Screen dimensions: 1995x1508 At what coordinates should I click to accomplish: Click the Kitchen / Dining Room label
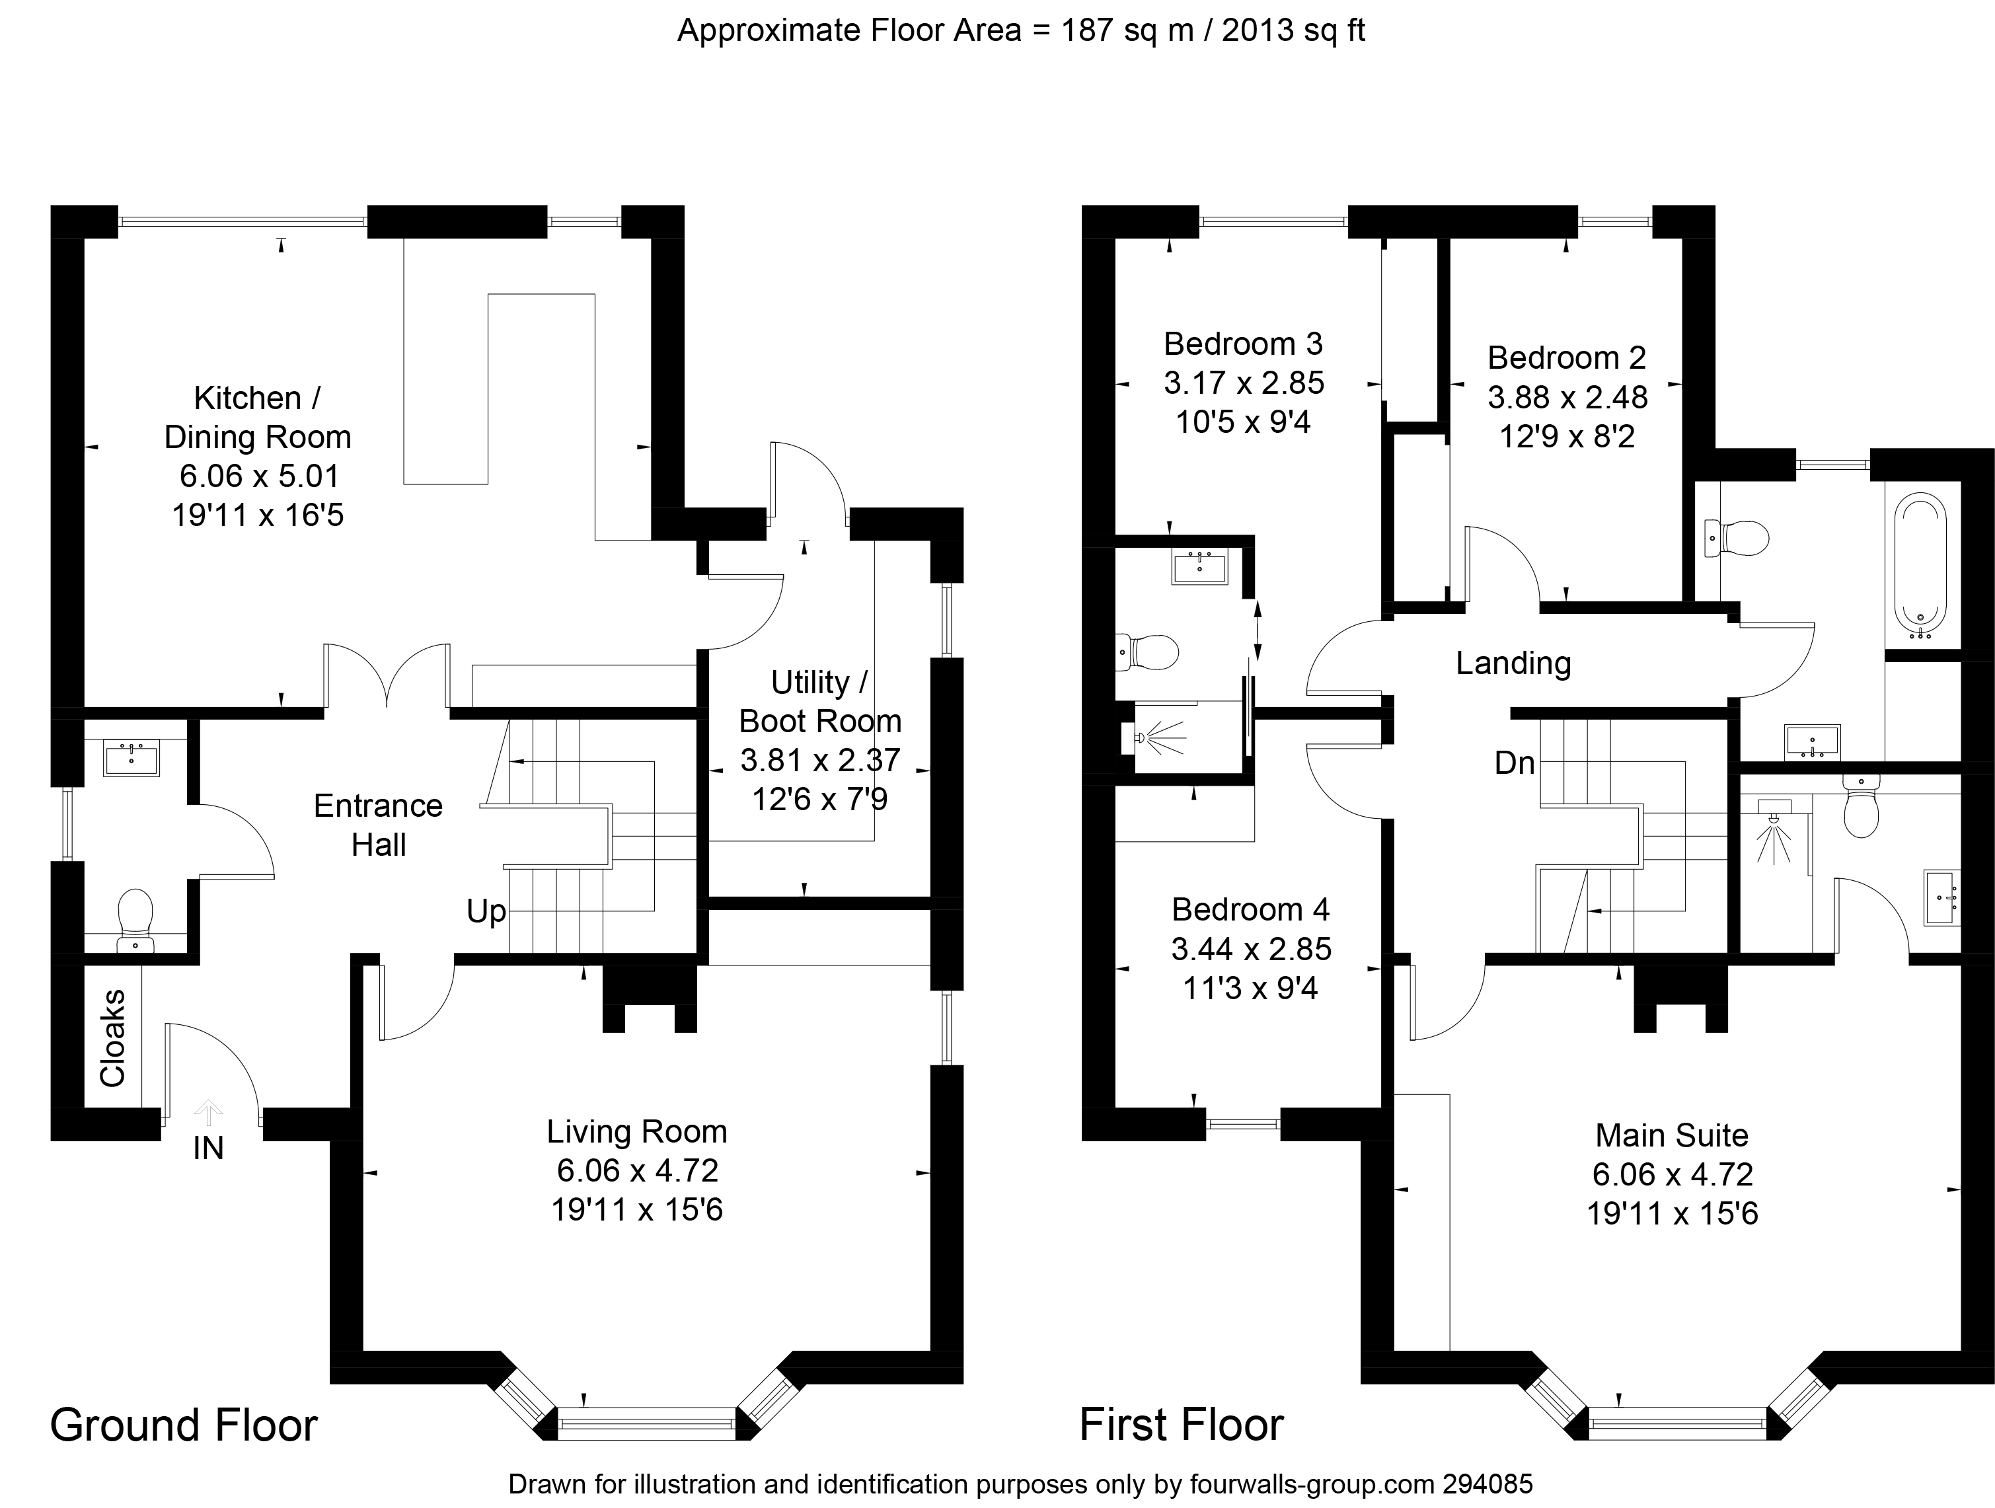257,417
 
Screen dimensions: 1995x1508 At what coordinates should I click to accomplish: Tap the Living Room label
637,1132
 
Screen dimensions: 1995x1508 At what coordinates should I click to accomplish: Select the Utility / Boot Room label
820,702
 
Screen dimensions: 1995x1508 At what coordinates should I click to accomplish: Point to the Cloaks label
113,1038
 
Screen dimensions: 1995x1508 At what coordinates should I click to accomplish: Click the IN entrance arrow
208,1113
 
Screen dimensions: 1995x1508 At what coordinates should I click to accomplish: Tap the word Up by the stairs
486,912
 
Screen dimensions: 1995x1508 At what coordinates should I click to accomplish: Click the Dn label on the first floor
1515,763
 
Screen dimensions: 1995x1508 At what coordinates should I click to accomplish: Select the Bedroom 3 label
1243,344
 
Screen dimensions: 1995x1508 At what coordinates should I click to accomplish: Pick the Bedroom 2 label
1567,358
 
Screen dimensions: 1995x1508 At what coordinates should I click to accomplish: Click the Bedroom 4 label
1250,909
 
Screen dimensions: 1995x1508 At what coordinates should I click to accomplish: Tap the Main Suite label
1671,1135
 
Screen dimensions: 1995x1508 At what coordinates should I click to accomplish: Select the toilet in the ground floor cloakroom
135,920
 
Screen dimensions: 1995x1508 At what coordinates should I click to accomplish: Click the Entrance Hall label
378,825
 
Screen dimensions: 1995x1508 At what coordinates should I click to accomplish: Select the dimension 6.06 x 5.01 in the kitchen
257,476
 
